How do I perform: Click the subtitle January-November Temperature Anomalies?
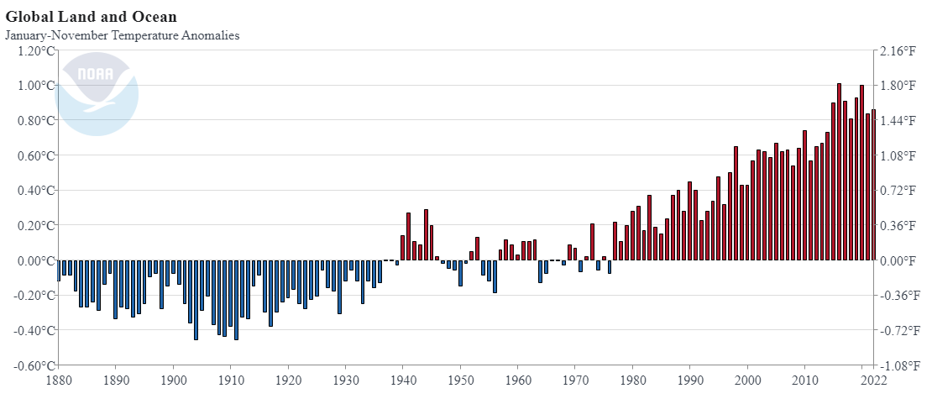123,35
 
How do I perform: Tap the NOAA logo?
97,93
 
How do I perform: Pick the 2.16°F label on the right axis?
898,50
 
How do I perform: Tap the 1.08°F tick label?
898,155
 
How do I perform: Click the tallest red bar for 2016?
839,172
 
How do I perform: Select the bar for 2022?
873,185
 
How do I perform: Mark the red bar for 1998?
736,203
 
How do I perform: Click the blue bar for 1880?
59,270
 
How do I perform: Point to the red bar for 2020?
861,172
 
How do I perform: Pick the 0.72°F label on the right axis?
898,191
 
